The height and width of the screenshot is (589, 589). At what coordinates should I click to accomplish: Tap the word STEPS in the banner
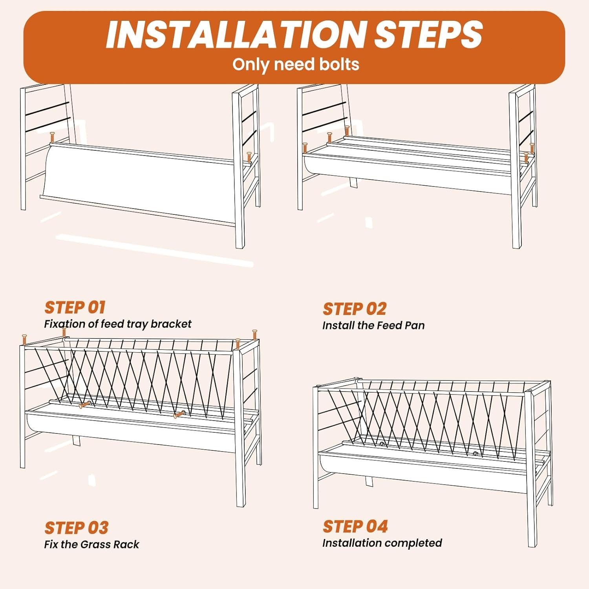pos(428,35)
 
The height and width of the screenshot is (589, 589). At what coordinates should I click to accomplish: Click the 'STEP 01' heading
pos(75,307)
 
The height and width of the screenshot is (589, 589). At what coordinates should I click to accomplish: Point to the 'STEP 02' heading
pos(355,309)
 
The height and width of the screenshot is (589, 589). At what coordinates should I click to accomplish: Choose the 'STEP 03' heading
pos(76,528)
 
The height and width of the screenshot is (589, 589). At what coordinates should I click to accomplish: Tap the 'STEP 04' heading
pos(355,527)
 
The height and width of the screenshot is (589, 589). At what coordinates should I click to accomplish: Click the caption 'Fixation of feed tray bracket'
pos(118,324)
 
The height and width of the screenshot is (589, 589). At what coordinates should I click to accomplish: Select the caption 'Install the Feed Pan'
pos(373,326)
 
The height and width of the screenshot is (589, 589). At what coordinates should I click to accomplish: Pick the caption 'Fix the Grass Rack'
pos(91,545)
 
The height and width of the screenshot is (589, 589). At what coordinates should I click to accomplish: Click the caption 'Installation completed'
pos(382,543)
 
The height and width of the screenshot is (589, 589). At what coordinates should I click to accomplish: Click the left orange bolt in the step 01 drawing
pos(52,138)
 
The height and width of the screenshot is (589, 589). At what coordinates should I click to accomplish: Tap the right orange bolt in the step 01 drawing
pos(249,157)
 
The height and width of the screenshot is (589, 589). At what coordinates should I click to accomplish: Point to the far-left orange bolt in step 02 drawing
pos(305,148)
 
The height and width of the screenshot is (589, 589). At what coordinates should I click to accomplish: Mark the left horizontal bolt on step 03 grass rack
pos(85,404)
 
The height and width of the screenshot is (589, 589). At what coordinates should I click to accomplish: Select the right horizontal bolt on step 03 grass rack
pos(179,414)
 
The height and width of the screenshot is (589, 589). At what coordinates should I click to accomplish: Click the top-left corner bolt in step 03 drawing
pos(24,340)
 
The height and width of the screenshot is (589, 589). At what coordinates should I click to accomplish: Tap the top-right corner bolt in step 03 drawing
pos(254,335)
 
